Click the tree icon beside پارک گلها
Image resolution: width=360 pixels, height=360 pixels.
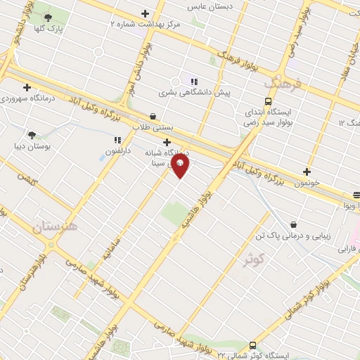[x=47, y=18]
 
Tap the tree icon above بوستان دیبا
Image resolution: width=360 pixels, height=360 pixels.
[x=32, y=134]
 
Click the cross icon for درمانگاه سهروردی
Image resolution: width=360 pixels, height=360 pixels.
[x=27, y=88]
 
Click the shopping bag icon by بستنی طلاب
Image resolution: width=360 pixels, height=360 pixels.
[x=153, y=117]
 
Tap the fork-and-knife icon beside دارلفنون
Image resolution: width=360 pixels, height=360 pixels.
[x=117, y=139]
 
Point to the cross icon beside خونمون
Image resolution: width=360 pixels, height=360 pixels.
[x=307, y=171]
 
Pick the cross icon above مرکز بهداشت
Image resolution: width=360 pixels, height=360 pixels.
[x=146, y=13]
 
